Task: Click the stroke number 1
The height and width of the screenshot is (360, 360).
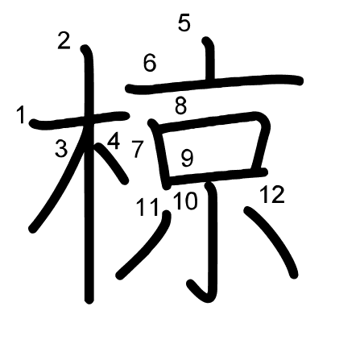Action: [21, 115]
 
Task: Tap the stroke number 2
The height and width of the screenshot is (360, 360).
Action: [64, 40]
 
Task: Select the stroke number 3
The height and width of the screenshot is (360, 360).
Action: [61, 148]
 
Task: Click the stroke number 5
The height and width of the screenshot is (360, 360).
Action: [184, 23]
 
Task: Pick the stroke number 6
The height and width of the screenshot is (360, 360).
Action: [150, 64]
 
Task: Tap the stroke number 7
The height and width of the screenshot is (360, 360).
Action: [138, 149]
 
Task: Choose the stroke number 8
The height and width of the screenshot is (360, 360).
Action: [180, 106]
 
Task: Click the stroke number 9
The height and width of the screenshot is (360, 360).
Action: [187, 158]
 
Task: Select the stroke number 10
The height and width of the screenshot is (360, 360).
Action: [185, 201]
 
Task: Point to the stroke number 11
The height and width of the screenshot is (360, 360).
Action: [148, 207]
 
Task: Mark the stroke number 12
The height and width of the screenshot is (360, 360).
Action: [272, 194]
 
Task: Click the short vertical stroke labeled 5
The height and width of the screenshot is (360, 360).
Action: [209, 59]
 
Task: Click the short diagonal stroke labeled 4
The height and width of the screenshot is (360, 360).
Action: [112, 163]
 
